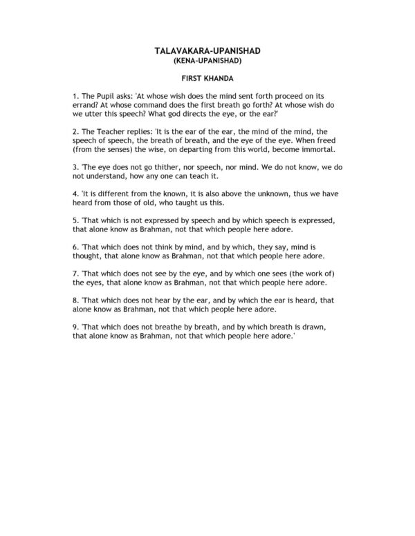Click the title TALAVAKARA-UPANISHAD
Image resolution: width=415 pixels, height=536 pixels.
(207, 50)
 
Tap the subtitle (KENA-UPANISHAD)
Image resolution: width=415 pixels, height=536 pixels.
(207, 60)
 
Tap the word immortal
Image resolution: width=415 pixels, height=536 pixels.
(319, 149)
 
